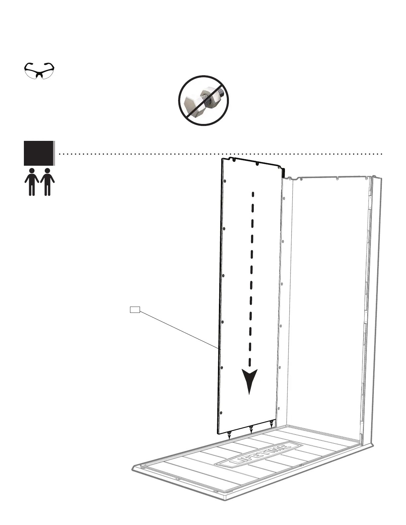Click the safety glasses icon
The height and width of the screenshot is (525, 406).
coord(39,71)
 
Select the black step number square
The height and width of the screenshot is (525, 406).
coord(38,153)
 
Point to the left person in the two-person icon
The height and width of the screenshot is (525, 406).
coord(32,182)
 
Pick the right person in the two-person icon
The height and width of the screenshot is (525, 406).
coord(47,182)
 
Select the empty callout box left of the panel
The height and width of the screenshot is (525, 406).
coord(135,310)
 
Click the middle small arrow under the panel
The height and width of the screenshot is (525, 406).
coord(251,430)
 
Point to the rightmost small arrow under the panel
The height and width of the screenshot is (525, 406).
coord(271,425)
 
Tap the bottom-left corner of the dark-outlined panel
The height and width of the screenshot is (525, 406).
coord(218,433)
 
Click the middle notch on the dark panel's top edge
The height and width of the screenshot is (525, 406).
coord(257,163)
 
